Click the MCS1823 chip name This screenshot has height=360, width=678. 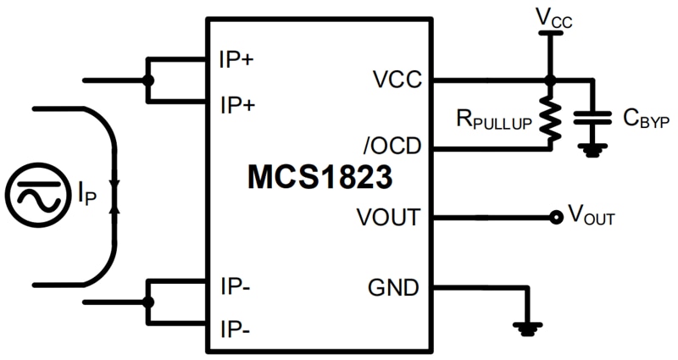coord(320,179)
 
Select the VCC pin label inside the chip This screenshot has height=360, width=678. coord(396,81)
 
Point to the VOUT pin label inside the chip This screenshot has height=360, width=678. coord(388,218)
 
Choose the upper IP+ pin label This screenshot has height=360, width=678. coord(238,60)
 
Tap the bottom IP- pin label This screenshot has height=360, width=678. coord(235,329)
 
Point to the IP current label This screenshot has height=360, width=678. coord(88,197)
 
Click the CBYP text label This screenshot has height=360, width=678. coord(646,119)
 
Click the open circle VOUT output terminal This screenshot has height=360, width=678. coord(555,218)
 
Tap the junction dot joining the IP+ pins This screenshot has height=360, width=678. coord(148,81)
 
